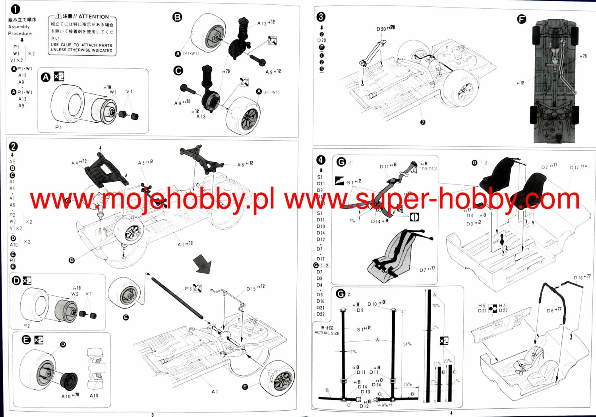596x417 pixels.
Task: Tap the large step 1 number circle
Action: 15,9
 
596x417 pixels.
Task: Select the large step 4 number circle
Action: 321,160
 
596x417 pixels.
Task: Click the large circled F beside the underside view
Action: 521,19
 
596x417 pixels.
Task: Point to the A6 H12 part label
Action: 245,164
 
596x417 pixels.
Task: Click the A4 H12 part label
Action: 79,163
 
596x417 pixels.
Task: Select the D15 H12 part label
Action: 255,288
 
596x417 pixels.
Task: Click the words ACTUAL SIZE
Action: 327,333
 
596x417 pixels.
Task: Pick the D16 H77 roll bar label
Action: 582,277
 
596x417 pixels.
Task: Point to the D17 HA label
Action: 578,167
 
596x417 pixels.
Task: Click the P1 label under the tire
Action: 58,127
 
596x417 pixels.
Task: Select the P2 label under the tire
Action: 26,326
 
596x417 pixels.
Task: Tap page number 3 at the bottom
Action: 153,415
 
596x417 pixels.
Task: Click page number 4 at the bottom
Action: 451,413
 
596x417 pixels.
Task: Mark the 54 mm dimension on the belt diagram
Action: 407,344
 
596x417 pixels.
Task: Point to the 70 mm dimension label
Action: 435,306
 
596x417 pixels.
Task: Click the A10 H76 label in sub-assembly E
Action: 70,396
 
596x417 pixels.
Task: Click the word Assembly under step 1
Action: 19,27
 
